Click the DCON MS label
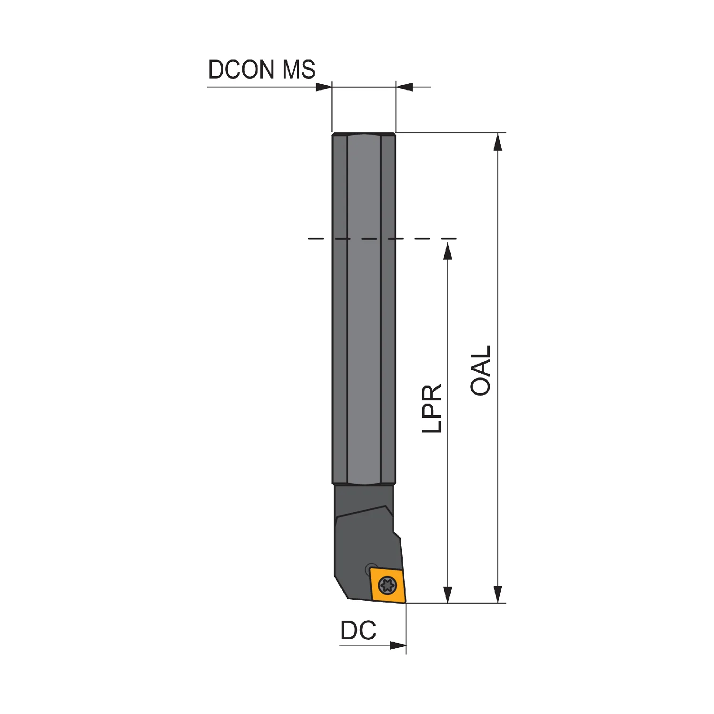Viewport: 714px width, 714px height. (x=262, y=69)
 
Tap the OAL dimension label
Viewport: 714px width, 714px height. (x=480, y=371)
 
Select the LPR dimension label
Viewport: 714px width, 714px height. (x=432, y=408)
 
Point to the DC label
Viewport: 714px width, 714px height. (x=358, y=630)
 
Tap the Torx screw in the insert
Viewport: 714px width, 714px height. (x=387, y=585)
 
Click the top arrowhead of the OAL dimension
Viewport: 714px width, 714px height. (x=498, y=142)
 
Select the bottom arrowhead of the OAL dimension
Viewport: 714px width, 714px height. (x=498, y=594)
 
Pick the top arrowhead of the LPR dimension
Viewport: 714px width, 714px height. (x=447, y=250)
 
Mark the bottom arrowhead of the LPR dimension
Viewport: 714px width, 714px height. (x=447, y=594)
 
